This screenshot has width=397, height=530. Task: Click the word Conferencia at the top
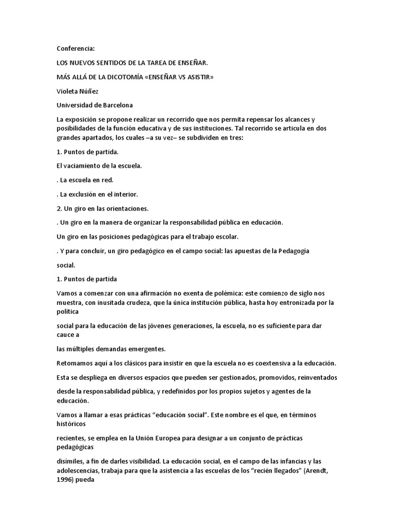(76, 49)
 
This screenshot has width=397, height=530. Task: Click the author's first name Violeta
(68, 91)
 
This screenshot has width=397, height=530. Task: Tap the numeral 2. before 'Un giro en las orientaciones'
(59, 208)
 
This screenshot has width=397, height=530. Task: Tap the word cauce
(66, 335)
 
